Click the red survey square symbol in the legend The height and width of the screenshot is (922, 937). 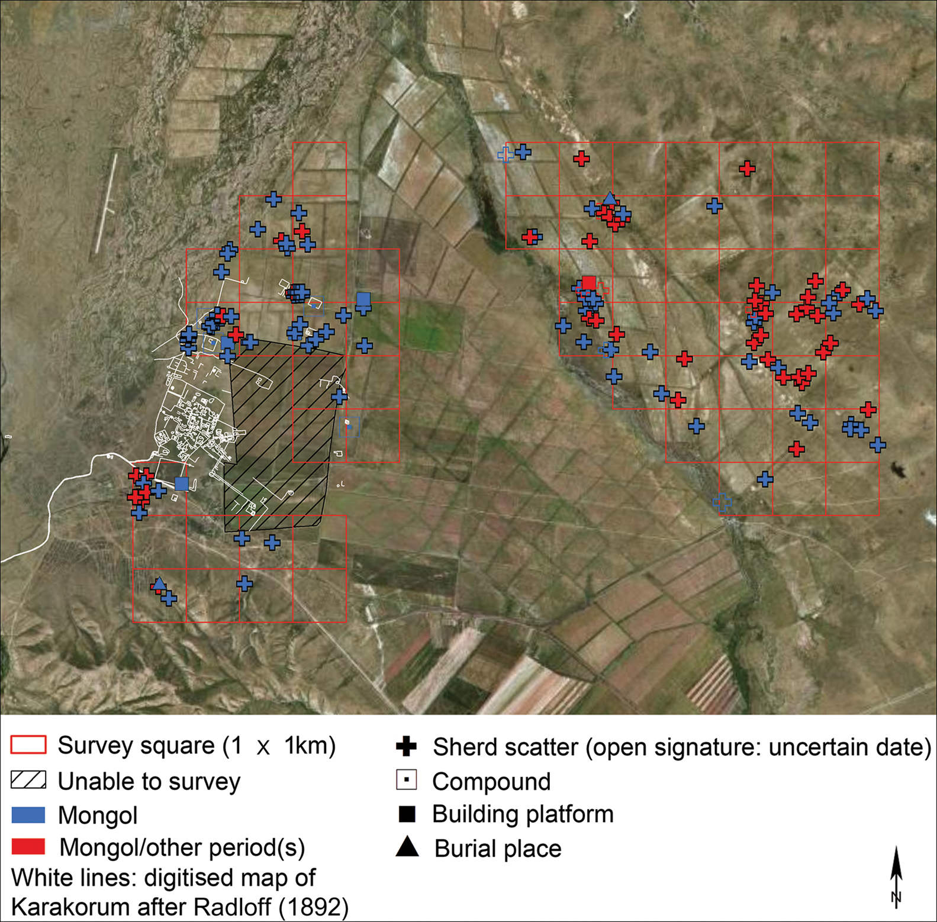pyautogui.click(x=28, y=744)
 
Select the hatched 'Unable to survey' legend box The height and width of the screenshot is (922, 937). pyautogui.click(x=28, y=780)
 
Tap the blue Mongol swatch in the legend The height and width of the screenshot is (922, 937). pyautogui.click(x=28, y=815)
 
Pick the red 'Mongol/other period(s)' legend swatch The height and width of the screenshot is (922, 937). pyautogui.click(x=28, y=847)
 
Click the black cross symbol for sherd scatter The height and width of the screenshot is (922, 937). pyautogui.click(x=406, y=746)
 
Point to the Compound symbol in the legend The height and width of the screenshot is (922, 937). pyautogui.click(x=406, y=780)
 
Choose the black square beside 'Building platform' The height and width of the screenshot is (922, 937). pyautogui.click(x=407, y=814)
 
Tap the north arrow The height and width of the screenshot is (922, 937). pyautogui.click(x=896, y=876)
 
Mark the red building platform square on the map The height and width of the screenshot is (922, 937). pyautogui.click(x=588, y=283)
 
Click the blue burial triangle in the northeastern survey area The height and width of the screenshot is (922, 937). pyautogui.click(x=610, y=198)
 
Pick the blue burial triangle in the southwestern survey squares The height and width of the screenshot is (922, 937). pyautogui.click(x=159, y=583)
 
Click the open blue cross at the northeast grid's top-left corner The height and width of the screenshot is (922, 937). pyautogui.click(x=505, y=154)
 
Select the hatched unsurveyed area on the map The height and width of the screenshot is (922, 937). pyautogui.click(x=278, y=438)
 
